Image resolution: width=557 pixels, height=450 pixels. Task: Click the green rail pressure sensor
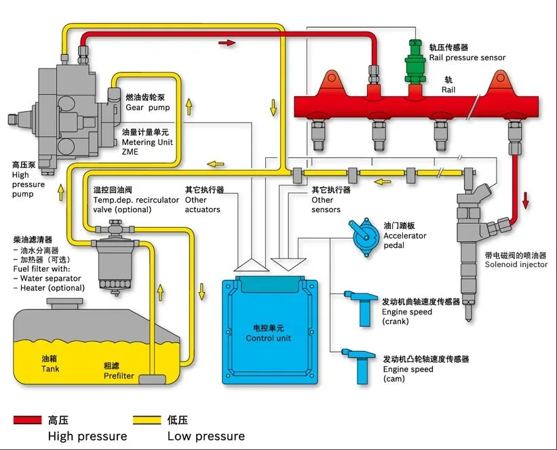(412, 68)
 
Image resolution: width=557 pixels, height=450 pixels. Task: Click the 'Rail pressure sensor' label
(467, 58)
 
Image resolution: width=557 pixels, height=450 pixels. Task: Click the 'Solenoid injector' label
(516, 264)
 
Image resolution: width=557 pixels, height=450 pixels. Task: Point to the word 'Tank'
(50, 369)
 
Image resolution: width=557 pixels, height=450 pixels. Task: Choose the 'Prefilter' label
(118, 375)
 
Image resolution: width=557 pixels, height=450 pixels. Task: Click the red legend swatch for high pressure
(28, 420)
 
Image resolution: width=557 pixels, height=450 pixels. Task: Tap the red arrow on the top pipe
(227, 43)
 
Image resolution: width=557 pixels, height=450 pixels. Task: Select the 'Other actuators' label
(203, 205)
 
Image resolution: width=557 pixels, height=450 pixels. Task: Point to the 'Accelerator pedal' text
(405, 240)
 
